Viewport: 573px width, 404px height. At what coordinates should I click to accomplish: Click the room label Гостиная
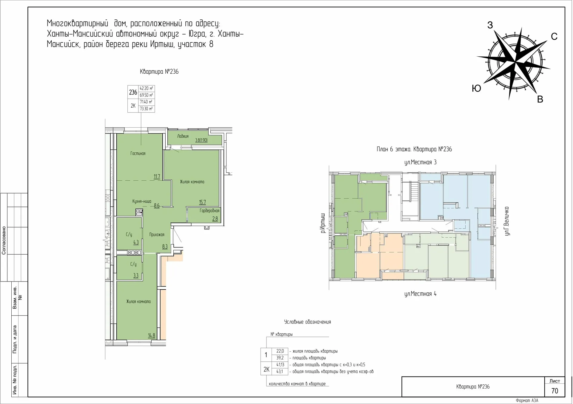[x=138, y=154]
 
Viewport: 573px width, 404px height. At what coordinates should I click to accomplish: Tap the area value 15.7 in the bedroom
[x=202, y=202]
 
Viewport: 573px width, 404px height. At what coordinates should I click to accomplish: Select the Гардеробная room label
[x=210, y=211]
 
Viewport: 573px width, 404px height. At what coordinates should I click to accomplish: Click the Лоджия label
[x=183, y=136]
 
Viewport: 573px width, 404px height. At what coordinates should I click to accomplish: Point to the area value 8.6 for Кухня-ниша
[x=157, y=205]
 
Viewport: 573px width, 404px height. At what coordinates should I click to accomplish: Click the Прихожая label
[x=157, y=235]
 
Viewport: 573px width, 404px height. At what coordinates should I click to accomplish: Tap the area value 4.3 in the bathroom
[x=136, y=242]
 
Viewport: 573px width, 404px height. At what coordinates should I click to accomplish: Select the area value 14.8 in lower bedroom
[x=151, y=335]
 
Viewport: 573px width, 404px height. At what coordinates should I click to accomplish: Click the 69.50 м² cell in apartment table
[x=146, y=95]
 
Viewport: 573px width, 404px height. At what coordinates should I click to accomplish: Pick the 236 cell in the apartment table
[x=133, y=92]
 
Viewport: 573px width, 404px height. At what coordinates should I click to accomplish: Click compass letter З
[x=490, y=25]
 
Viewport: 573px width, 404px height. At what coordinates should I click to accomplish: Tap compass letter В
[x=540, y=100]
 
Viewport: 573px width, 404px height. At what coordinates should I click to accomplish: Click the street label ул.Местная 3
[x=420, y=162]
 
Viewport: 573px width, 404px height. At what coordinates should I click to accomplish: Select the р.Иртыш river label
[x=322, y=223]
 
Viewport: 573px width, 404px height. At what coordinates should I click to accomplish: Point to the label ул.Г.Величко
[x=507, y=221]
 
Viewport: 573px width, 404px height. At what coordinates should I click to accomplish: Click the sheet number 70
[x=554, y=391]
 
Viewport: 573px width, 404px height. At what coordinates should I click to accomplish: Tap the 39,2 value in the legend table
[x=280, y=358]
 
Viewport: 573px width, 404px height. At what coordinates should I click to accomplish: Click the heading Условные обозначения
[x=307, y=322]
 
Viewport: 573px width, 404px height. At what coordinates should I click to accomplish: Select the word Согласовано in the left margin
[x=4, y=240]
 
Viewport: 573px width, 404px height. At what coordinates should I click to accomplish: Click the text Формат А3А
[x=527, y=400]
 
